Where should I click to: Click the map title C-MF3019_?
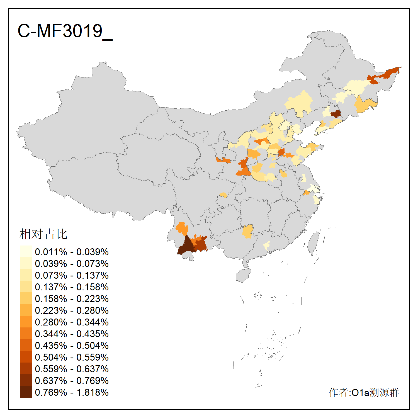(x=65, y=31)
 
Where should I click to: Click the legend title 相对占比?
(x=43, y=234)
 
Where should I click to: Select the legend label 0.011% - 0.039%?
(x=72, y=252)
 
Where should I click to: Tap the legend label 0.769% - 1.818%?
(x=72, y=392)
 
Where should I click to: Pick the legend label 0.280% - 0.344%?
(x=72, y=322)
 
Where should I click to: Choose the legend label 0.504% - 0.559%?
(x=72, y=357)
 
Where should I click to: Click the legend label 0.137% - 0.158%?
(x=72, y=287)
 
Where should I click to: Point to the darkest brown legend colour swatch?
(x=26, y=392)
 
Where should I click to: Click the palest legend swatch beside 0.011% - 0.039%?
(x=26, y=251)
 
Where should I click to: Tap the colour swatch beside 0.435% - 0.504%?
(x=26, y=345)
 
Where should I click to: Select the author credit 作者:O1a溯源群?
(x=364, y=392)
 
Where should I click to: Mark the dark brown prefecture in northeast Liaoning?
(x=336, y=114)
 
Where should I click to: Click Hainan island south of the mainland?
(x=243, y=275)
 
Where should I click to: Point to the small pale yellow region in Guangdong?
(x=267, y=246)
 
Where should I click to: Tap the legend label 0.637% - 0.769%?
(x=72, y=381)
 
